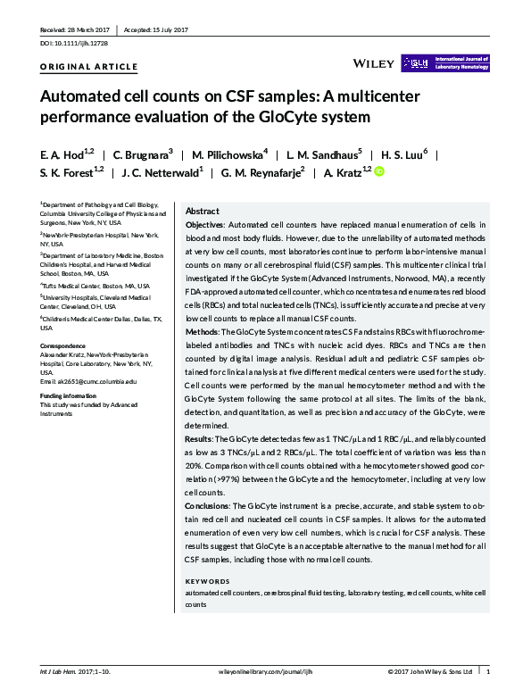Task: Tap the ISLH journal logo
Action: [444, 62]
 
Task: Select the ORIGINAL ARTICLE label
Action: [89, 67]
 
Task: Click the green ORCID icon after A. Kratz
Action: [378, 171]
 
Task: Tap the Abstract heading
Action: [203, 211]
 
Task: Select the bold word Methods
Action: [203, 332]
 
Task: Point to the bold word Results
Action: [200, 440]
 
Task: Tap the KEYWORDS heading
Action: [207, 581]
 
